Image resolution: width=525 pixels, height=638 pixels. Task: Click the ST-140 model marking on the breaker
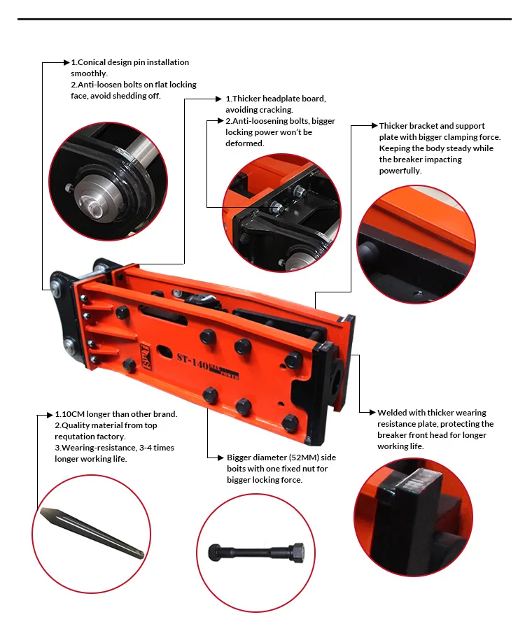192,360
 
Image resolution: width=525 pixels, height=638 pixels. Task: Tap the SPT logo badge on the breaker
146,356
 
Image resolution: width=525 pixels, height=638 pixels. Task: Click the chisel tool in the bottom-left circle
92,532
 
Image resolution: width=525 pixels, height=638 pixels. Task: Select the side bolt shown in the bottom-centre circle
256,553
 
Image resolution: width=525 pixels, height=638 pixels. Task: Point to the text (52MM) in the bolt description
300,458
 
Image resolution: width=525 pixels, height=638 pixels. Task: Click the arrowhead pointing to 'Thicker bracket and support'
374,126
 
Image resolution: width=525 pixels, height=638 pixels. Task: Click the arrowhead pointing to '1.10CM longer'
50,415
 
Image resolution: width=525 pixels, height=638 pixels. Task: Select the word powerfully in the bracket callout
400,171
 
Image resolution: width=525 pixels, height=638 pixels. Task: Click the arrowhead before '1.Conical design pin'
66,62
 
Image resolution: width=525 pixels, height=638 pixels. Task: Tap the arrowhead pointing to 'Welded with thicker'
372,412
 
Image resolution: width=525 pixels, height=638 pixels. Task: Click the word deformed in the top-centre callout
244,143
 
